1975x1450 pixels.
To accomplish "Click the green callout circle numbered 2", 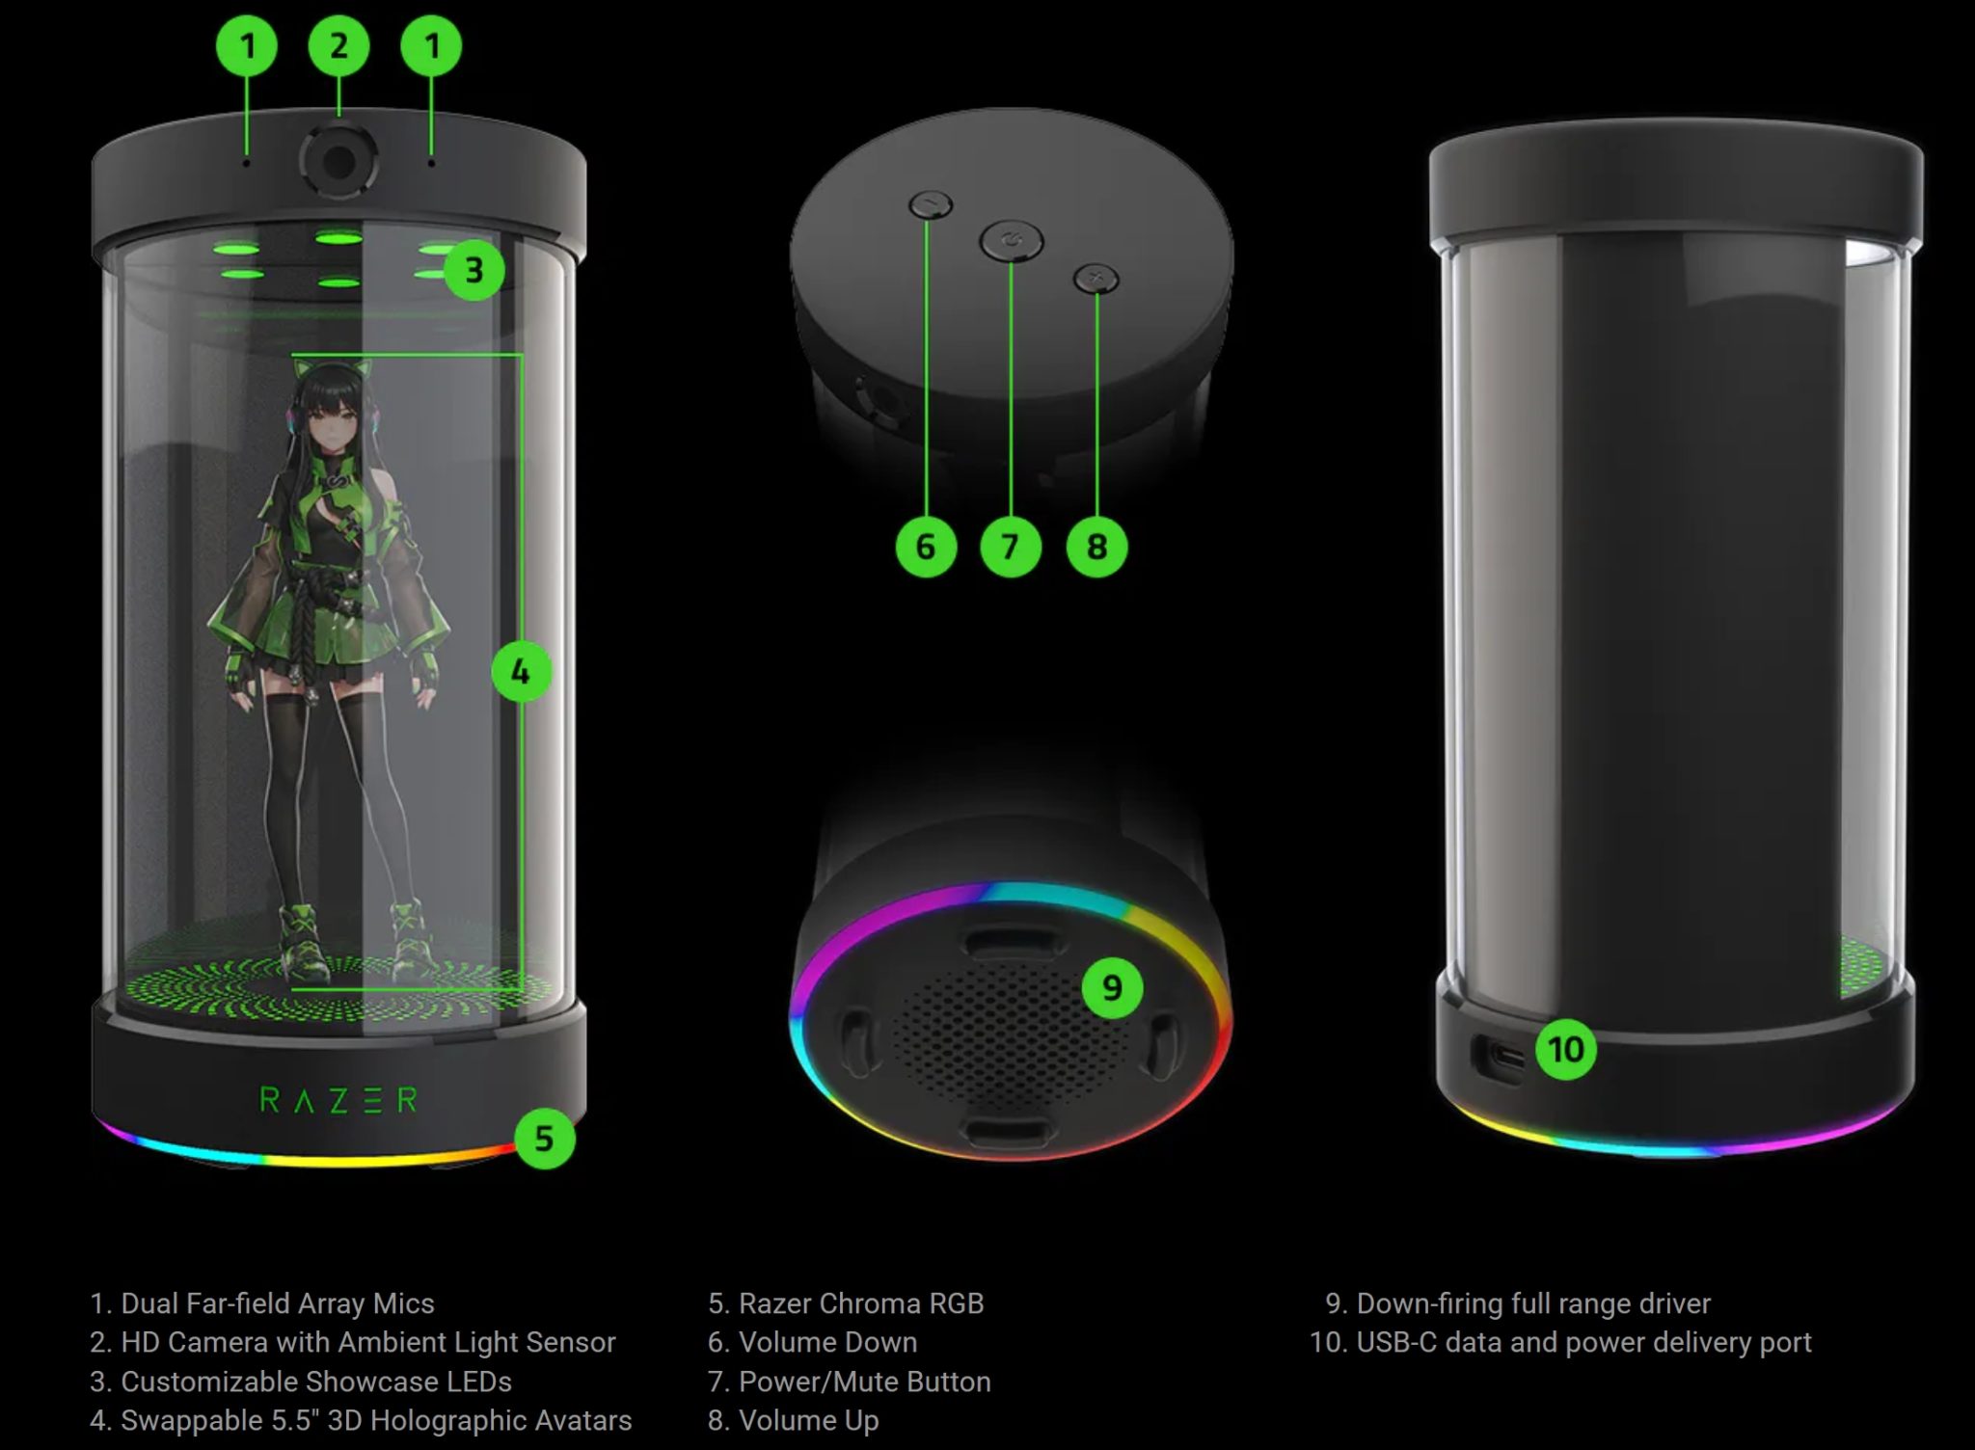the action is [338, 46].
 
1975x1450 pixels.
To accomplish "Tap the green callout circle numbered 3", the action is [474, 270].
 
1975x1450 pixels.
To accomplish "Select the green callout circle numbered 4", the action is [521, 671].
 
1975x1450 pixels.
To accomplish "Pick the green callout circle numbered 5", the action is [544, 1139].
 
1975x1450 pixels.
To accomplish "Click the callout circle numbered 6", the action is [926, 547].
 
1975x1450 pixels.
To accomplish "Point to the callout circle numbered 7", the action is [1010, 547].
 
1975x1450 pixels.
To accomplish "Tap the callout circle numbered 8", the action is [1096, 547].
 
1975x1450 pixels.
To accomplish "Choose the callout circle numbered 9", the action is [1112, 987].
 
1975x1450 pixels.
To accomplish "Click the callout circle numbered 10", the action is [1565, 1049].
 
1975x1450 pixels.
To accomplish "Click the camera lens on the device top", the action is [338, 161].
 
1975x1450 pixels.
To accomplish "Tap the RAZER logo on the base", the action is [338, 1099].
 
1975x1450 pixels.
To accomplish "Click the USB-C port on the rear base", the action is [1498, 1061].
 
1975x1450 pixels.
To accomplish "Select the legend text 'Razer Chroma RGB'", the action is [861, 1303].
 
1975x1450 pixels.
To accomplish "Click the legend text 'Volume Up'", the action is [808, 1420].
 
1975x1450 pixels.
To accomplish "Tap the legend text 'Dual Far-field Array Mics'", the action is [278, 1303].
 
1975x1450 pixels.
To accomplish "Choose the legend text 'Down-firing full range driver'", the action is [1533, 1303].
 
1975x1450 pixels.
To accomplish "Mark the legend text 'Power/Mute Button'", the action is [865, 1382].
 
